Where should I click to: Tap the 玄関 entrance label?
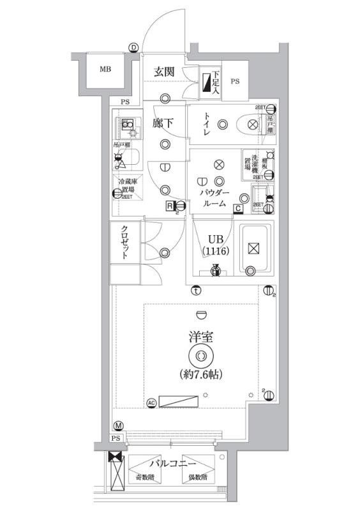[163, 72]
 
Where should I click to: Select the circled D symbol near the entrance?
[133, 47]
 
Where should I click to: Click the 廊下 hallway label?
[163, 124]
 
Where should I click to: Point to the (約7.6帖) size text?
[201, 373]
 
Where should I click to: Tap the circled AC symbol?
[151, 402]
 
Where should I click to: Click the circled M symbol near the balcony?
[118, 426]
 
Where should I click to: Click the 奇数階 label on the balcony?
[144, 477]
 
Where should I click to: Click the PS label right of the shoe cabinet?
[235, 81]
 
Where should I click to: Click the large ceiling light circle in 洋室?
[201, 356]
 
